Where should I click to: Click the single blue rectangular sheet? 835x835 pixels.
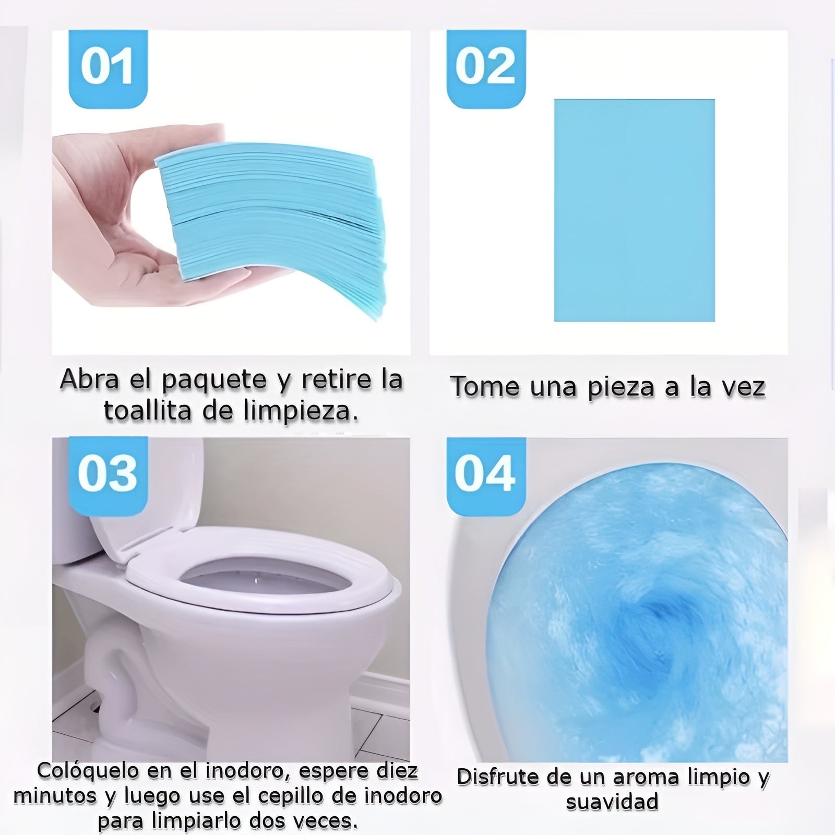tap(634, 210)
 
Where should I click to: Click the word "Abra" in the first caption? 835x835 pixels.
tap(89, 379)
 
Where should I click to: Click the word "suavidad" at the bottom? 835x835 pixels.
tap(612, 802)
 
